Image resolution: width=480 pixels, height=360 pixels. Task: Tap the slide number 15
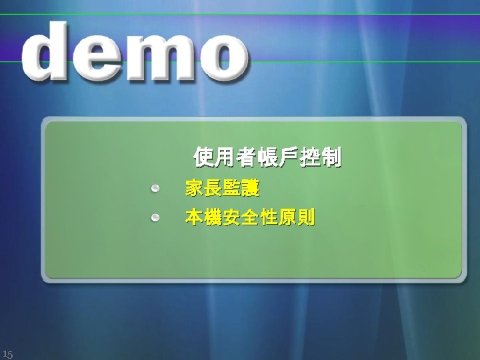click(x=7, y=353)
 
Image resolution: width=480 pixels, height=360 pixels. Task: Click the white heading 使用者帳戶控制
click(x=267, y=158)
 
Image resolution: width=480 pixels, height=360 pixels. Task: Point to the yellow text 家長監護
click(x=222, y=189)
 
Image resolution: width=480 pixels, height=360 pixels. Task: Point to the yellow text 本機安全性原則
click(x=250, y=218)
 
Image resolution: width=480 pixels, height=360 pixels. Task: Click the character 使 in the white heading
click(x=203, y=158)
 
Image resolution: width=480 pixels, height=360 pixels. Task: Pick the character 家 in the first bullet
click(x=195, y=189)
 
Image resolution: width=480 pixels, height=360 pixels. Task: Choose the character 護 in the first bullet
click(x=250, y=189)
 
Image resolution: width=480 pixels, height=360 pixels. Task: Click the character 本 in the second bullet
click(x=195, y=218)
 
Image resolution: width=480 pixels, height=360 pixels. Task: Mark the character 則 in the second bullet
click(x=306, y=218)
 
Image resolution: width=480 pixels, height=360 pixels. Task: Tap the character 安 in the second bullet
click(x=232, y=218)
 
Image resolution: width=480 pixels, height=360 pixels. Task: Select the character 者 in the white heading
click(x=246, y=158)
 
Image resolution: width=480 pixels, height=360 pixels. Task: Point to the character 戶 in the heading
click(x=289, y=158)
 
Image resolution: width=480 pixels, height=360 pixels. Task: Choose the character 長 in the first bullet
click(x=213, y=189)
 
